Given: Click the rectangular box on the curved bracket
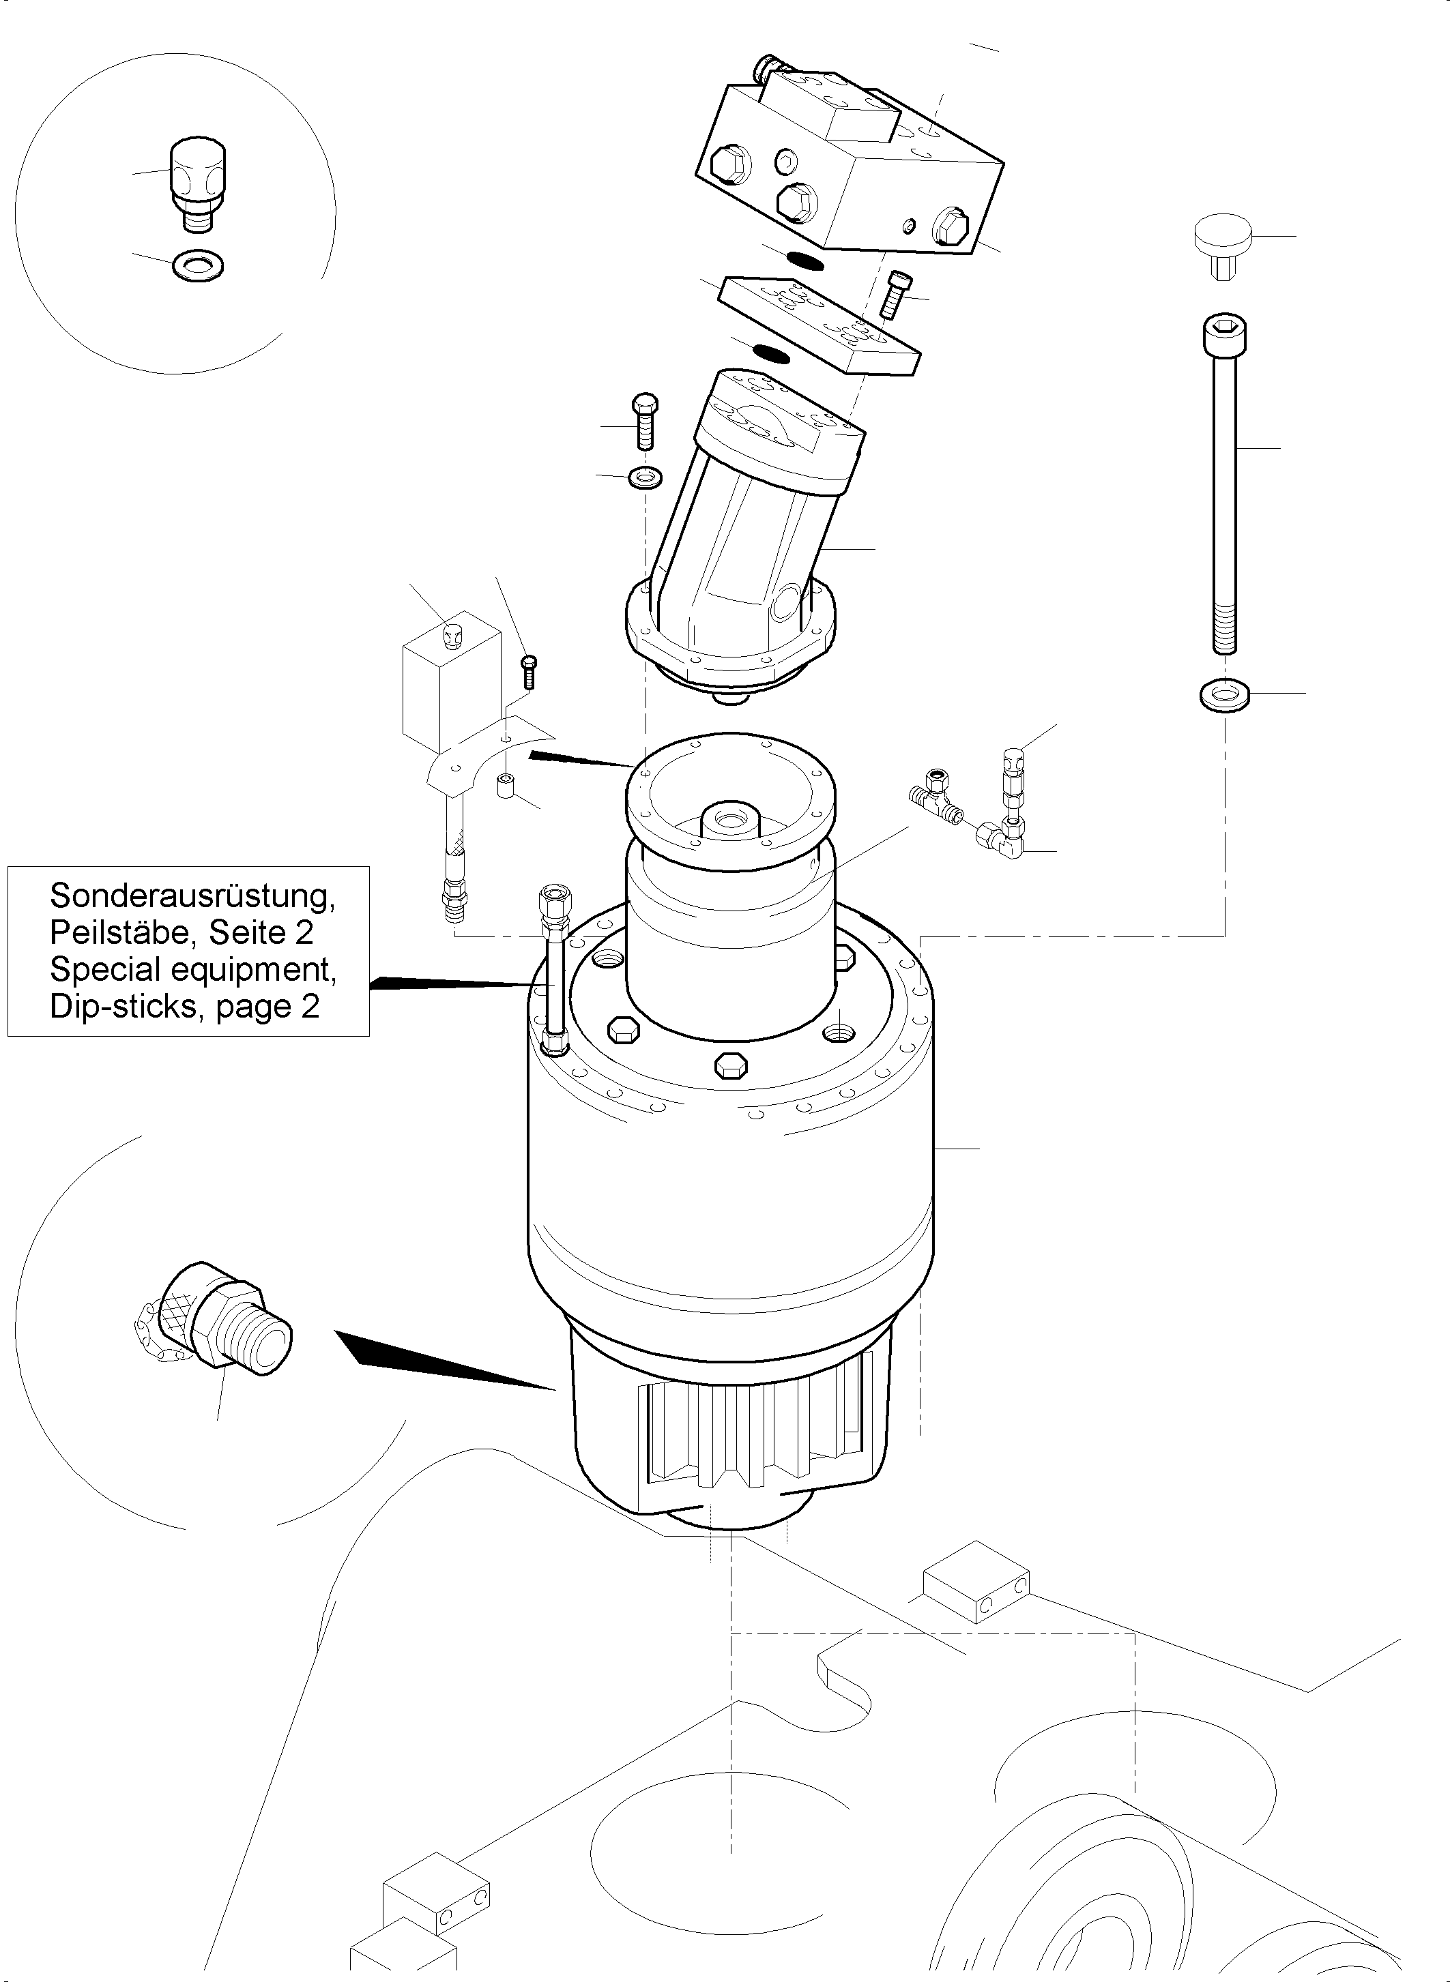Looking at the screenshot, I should click(x=448, y=683).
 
